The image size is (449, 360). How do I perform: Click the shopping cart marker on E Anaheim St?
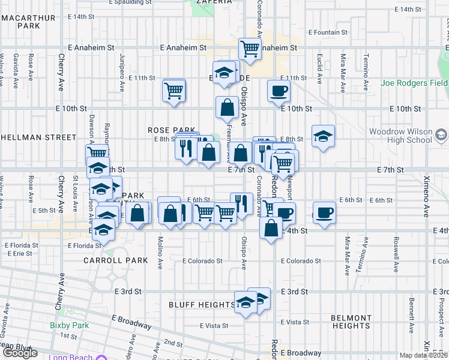click(x=249, y=49)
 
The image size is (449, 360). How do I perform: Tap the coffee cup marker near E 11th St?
click(x=278, y=91)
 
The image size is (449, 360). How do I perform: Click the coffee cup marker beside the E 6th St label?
click(x=324, y=212)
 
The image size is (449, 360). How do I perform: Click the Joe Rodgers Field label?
click(x=414, y=83)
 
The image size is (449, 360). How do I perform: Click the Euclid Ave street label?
click(x=319, y=65)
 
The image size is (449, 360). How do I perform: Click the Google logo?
click(x=20, y=353)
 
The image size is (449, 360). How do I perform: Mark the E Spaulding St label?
click(x=139, y=2)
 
